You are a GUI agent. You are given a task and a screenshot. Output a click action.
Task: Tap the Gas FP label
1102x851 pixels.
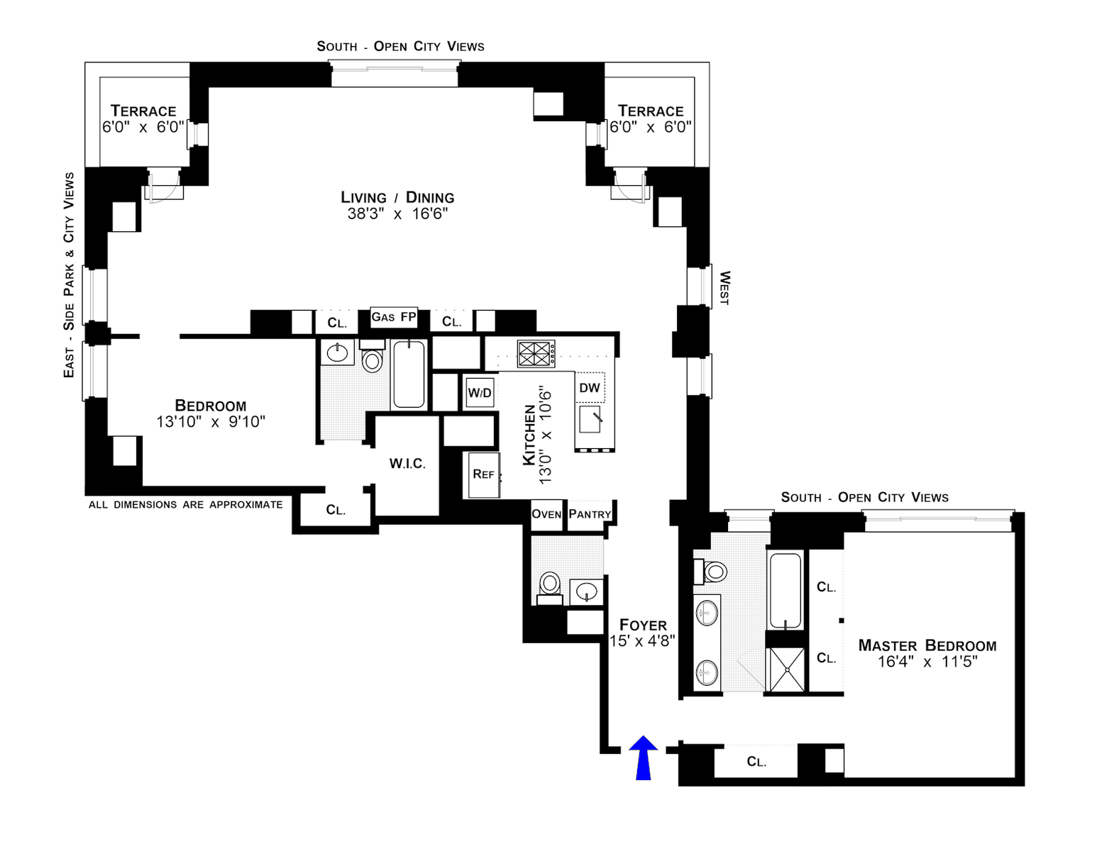[x=394, y=317]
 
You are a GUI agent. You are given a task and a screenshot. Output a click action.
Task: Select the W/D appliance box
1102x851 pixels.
[x=480, y=393]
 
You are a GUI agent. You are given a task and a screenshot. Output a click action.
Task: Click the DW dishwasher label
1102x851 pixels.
[x=590, y=388]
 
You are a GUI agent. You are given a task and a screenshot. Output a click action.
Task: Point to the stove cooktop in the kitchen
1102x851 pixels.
[x=536, y=353]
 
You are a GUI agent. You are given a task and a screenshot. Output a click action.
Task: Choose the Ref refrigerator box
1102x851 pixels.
[x=484, y=475]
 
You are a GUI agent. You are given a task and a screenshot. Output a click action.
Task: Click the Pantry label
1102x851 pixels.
[x=590, y=514]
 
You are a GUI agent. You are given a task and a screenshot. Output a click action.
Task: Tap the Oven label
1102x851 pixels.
[x=546, y=514]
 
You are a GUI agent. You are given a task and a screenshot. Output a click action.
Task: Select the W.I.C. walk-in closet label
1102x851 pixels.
[x=407, y=463]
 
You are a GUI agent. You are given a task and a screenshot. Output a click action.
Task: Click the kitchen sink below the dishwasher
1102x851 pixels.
[x=590, y=418]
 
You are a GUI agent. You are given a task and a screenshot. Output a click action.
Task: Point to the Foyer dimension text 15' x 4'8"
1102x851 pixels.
[x=642, y=641]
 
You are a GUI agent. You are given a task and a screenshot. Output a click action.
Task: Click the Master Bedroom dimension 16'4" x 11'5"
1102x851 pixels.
[x=927, y=662]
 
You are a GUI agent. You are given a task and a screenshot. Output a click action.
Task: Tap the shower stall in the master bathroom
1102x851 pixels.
[x=787, y=669]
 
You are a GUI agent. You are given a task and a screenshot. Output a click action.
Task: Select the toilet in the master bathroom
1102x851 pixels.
[x=710, y=572]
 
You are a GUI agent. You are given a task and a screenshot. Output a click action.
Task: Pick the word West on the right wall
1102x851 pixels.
[x=724, y=288]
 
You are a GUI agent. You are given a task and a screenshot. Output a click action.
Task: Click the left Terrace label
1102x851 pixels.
[x=143, y=111]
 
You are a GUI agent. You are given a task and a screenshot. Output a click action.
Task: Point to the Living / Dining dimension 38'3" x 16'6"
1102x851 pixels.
[x=397, y=214]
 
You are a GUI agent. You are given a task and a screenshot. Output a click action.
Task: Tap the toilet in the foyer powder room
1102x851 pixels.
[x=550, y=588]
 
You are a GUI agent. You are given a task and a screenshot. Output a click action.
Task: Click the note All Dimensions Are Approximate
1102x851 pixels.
[x=186, y=505]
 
